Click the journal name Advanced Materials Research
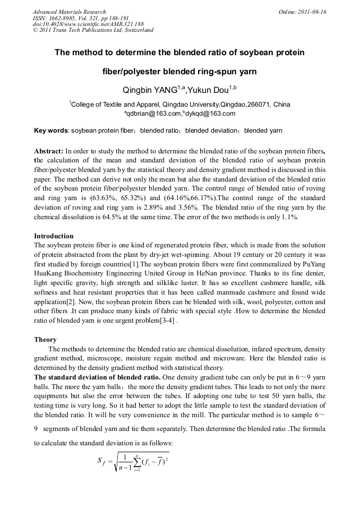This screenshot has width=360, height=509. (x=70, y=12)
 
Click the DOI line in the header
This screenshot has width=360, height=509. (x=88, y=24)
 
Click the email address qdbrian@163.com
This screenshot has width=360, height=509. (x=153, y=114)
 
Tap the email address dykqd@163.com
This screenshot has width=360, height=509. (x=211, y=114)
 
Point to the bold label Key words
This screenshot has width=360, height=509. (x=51, y=131)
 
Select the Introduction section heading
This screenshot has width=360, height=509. (x=54, y=236)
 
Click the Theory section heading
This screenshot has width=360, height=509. (x=45, y=339)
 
